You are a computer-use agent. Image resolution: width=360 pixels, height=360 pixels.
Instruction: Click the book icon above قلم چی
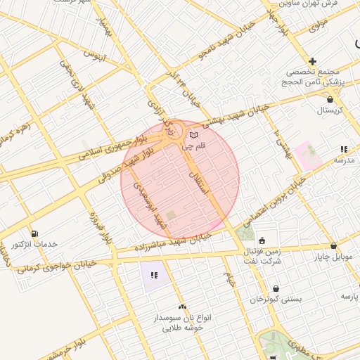pyautogui.click(x=194, y=134)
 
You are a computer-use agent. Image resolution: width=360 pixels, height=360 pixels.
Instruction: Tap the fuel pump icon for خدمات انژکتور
pyautogui.click(x=34, y=233)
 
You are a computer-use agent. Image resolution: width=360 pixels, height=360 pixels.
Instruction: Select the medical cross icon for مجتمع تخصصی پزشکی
pyautogui.click(x=312, y=61)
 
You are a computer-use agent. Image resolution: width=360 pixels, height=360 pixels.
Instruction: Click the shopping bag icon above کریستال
pyautogui.click(x=330, y=100)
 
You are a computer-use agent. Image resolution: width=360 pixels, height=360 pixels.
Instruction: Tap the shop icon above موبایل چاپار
pyautogui.click(x=333, y=246)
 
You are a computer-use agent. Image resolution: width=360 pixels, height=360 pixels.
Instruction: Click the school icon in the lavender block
pyautogui.click(x=154, y=274)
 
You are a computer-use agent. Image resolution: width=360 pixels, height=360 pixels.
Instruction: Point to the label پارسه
pyautogui.click(x=349, y=296)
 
